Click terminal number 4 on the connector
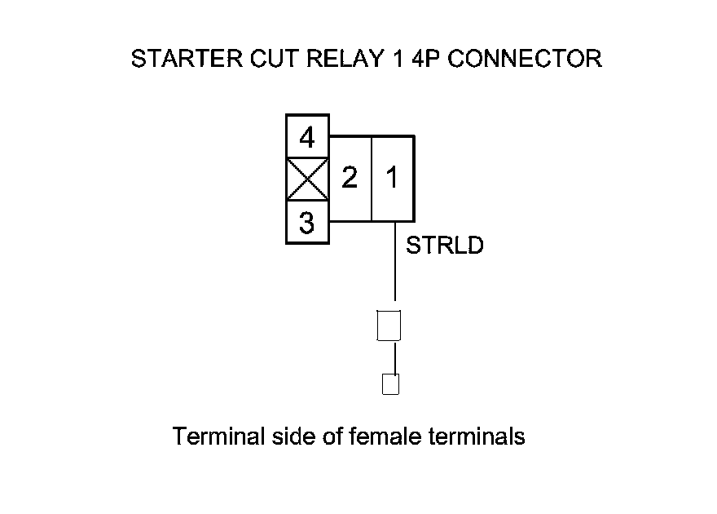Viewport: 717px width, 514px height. [307, 138]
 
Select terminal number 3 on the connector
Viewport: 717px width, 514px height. [307, 223]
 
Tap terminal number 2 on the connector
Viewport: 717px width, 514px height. [350, 178]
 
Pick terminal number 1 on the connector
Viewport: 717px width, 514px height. [392, 178]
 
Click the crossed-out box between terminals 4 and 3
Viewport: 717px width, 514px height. [306, 180]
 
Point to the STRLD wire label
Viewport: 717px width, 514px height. [444, 246]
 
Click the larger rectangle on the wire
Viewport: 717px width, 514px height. [389, 326]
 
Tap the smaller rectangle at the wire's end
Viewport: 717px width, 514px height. [390, 383]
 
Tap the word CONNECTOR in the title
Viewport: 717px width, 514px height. [521, 60]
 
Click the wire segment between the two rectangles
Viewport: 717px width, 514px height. [395, 357]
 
